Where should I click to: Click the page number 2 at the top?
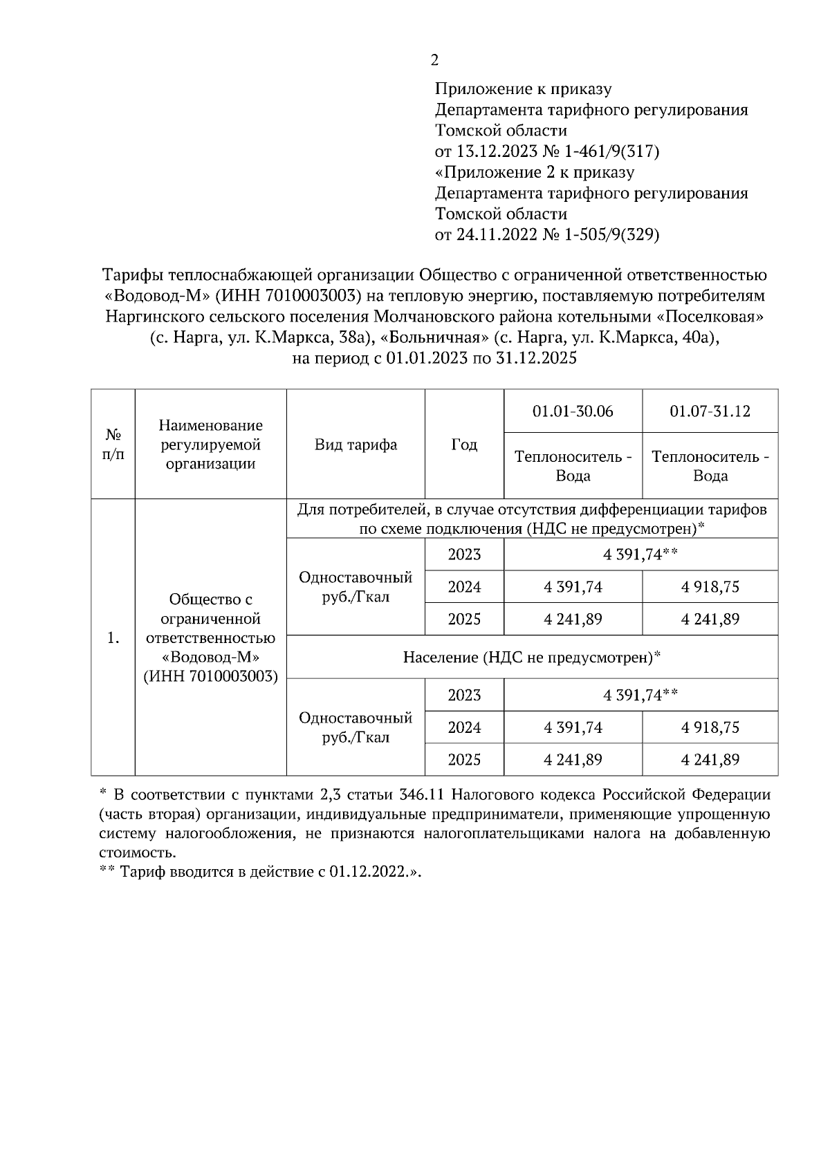(x=434, y=61)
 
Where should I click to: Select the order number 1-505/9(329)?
(x=611, y=235)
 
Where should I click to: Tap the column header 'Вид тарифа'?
(x=356, y=445)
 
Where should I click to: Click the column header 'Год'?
(x=464, y=445)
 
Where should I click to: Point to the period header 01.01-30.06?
(x=573, y=411)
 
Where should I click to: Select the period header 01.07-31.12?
(x=710, y=411)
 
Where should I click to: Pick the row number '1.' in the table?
(x=113, y=638)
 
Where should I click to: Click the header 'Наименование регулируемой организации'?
(x=210, y=445)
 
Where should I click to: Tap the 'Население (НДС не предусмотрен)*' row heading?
(x=532, y=658)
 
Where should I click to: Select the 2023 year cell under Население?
(x=464, y=695)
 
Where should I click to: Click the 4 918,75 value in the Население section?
(x=710, y=727)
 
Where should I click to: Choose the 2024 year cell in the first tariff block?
(x=464, y=587)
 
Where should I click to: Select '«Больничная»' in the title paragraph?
(x=430, y=338)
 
